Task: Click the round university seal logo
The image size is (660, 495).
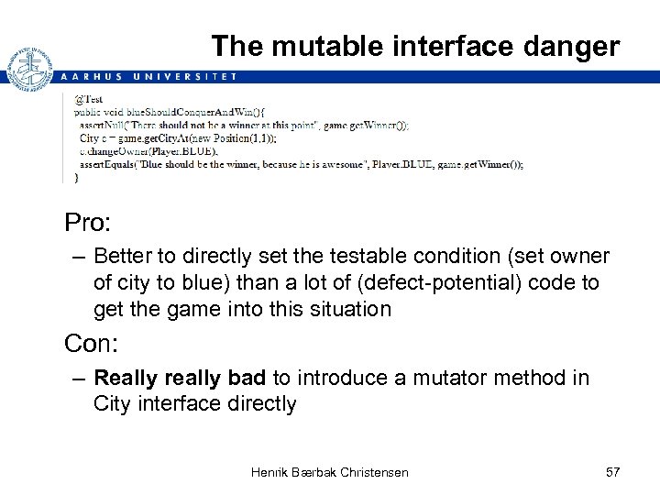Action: pos(29,69)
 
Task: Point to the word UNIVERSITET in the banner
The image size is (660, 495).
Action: pos(189,77)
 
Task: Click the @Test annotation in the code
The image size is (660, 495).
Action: pos(88,99)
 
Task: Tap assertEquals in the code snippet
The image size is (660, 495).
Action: pos(106,166)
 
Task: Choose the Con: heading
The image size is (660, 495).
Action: pos(90,344)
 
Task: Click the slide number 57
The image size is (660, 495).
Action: pos(613,472)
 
